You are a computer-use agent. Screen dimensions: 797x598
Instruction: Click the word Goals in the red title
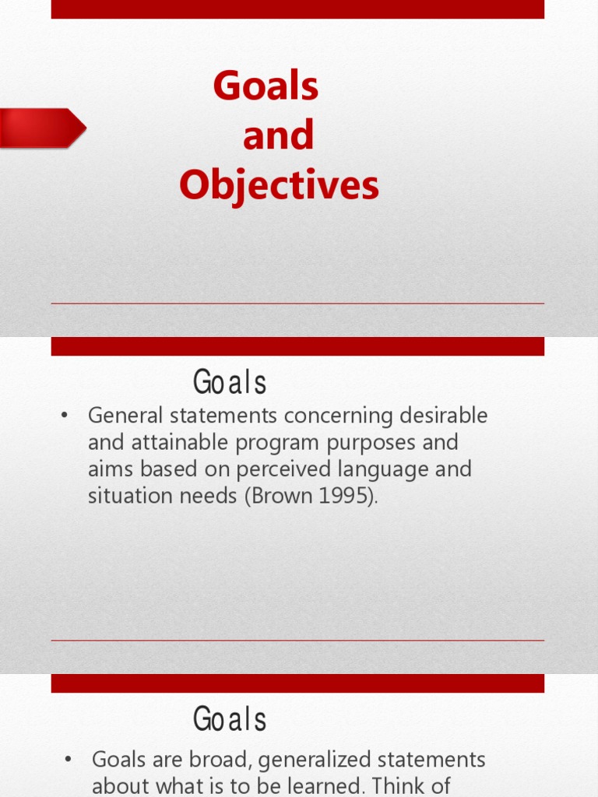coord(266,86)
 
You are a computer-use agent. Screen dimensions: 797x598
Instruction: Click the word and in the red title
coord(278,136)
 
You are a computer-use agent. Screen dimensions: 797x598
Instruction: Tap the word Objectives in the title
coord(279,186)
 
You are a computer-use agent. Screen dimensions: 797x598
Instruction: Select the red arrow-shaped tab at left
coord(42,128)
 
